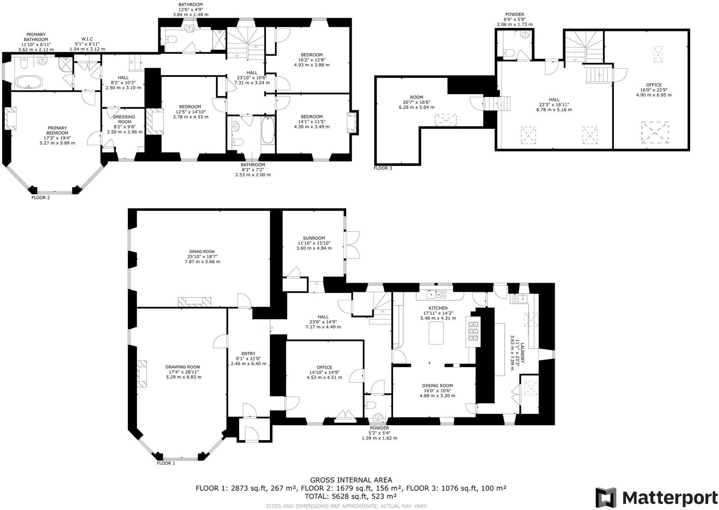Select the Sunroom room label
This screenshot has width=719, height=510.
(314, 238)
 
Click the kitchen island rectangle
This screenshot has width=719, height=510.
(436, 333)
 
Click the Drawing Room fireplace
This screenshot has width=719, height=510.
(142, 373)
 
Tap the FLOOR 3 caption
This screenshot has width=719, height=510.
(383, 168)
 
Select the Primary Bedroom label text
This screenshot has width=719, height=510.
(57, 130)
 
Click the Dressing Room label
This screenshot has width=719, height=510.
(124, 119)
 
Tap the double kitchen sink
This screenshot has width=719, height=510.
(436, 295)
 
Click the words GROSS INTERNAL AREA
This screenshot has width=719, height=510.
(351, 480)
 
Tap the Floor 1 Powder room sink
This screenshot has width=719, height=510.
(378, 417)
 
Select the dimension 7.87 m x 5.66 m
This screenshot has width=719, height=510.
(202, 262)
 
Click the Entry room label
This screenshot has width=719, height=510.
(248, 354)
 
